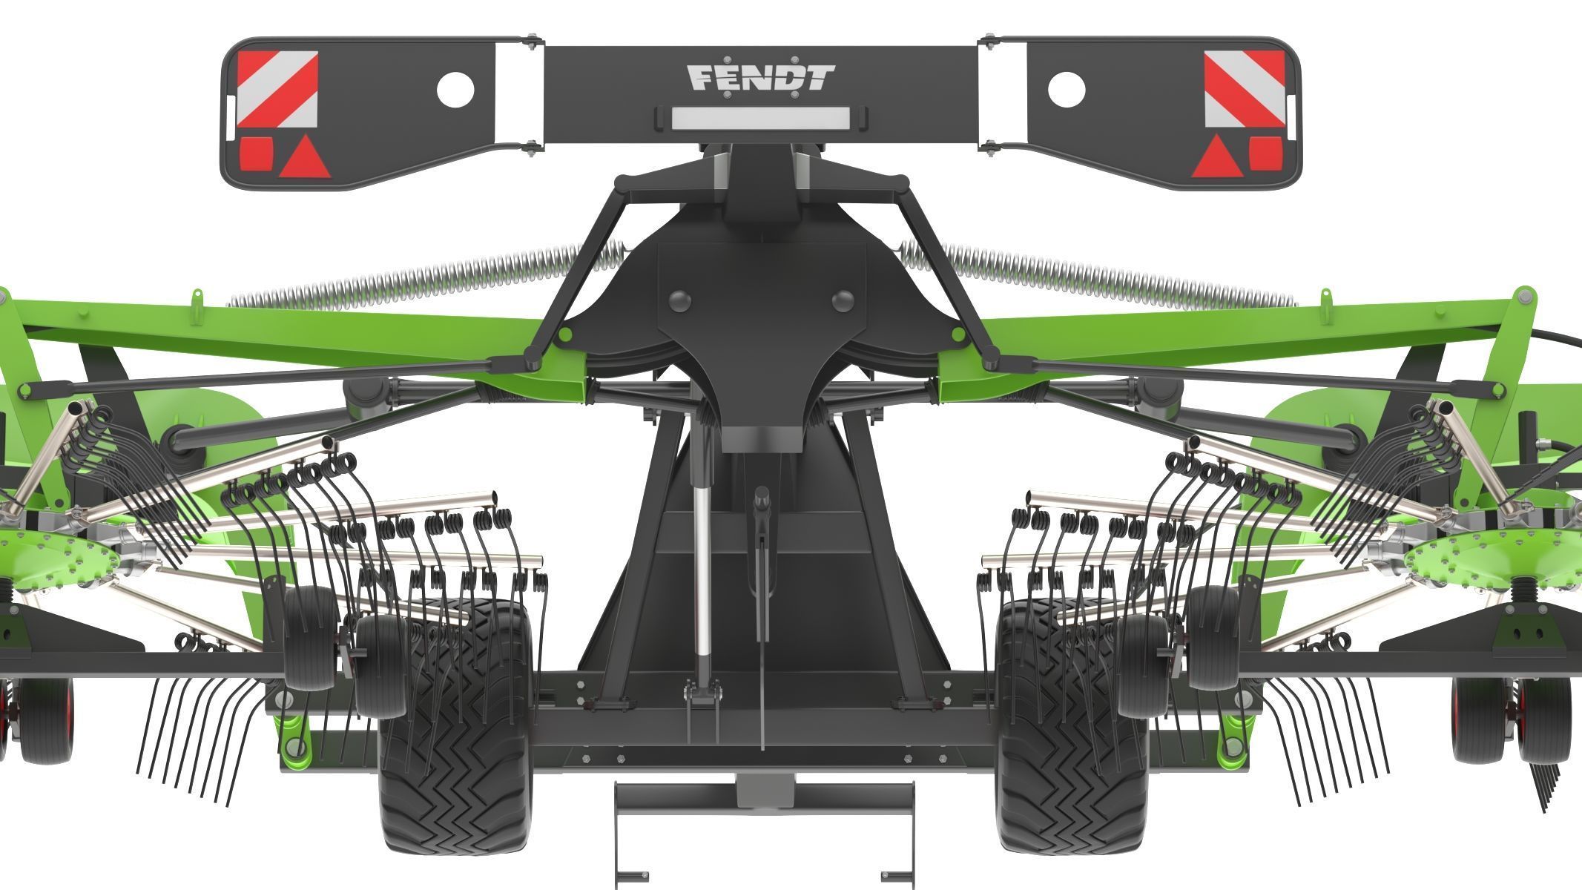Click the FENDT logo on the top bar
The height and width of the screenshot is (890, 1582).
click(x=760, y=77)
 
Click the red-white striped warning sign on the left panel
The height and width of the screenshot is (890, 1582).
click(x=278, y=89)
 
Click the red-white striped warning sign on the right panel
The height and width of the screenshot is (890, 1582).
click(x=1244, y=89)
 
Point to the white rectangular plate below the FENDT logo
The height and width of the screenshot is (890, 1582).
click(x=759, y=116)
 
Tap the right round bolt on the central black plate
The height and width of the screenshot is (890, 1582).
click(x=843, y=300)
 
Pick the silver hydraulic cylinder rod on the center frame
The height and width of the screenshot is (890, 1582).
click(x=702, y=564)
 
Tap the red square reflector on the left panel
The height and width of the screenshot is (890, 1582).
click(x=254, y=152)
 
